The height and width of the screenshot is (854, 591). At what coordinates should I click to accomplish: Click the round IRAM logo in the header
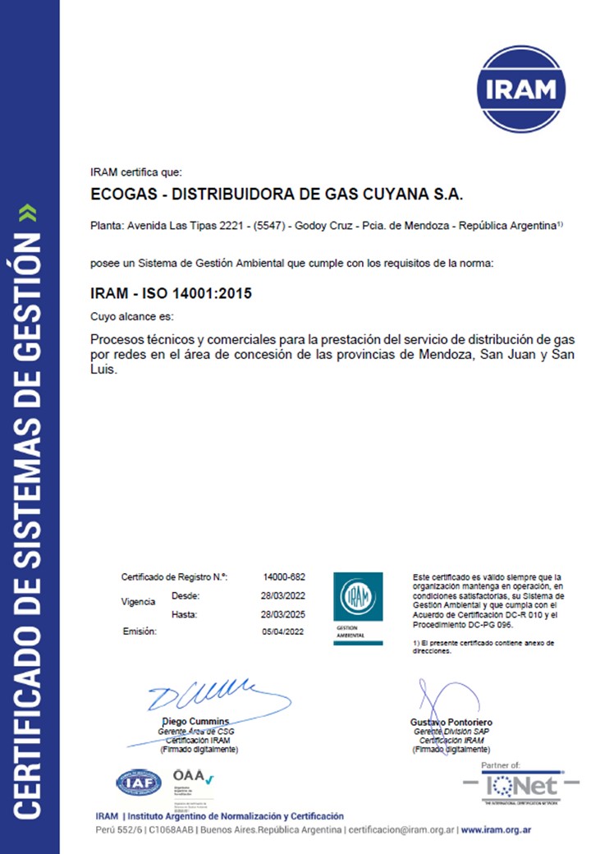pos(521,90)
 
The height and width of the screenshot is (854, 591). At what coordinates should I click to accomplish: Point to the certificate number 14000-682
pos(283,577)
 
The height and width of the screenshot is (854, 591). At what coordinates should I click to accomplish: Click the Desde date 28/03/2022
pos(283,595)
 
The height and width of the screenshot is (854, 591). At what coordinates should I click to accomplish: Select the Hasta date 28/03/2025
pos(283,614)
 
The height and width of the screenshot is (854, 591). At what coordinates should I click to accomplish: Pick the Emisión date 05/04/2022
pos(283,631)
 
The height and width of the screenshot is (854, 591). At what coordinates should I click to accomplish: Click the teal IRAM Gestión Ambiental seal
pos(356,608)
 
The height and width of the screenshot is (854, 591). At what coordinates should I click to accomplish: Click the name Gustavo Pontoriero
pos(451,722)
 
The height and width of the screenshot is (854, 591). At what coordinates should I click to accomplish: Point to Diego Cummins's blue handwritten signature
pos(213,697)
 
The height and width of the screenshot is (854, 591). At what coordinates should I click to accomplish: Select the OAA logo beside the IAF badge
pos(191,780)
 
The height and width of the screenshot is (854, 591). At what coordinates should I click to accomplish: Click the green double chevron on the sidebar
pos(30,214)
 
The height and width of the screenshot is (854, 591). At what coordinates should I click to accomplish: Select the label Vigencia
pos(138,602)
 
